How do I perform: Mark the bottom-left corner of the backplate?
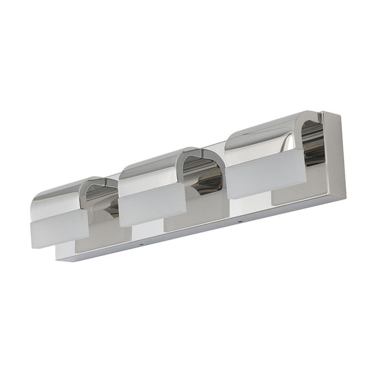[x=58, y=259]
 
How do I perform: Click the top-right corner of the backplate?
[x=340, y=113]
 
